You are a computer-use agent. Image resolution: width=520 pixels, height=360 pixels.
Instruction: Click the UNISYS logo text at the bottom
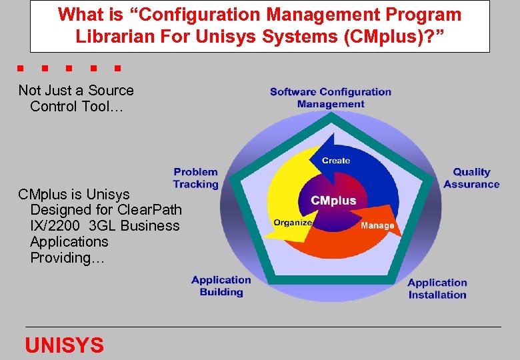(64, 345)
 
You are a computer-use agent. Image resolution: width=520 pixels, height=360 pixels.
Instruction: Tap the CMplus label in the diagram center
(333, 200)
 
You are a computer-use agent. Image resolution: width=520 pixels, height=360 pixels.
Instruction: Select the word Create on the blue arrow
(336, 160)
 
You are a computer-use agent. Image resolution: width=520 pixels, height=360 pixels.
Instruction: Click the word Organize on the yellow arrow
(293, 223)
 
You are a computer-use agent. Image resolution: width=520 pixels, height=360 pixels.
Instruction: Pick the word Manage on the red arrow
(377, 225)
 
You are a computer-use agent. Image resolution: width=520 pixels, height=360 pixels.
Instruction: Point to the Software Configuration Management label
(331, 97)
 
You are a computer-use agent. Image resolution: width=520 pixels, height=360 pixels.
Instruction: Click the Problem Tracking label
(195, 178)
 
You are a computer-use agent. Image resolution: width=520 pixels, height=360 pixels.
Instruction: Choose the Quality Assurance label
(471, 178)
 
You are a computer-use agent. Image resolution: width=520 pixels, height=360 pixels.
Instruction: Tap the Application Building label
(221, 286)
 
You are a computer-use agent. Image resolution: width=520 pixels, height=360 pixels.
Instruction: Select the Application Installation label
(437, 289)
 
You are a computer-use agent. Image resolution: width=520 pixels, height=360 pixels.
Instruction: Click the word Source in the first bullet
(111, 91)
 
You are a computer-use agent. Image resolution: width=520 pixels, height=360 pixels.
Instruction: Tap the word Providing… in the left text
(67, 257)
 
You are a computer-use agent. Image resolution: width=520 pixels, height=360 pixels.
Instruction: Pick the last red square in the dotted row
(117, 68)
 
